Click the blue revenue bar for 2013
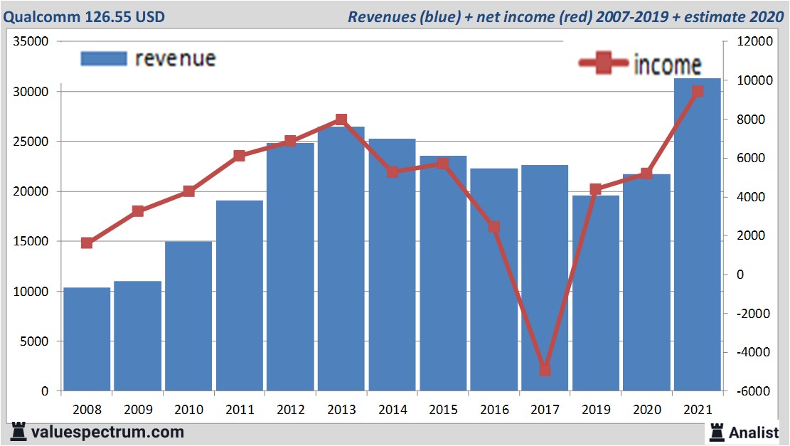[x=341, y=260]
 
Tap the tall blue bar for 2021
[x=698, y=235]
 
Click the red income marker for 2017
[x=545, y=370]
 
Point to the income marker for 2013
[x=341, y=120]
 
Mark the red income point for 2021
[x=698, y=91]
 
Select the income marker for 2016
[x=494, y=227]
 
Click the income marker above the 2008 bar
[x=87, y=243]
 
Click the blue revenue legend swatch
[x=104, y=58]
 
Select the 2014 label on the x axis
[x=392, y=410]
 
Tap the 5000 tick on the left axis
[x=34, y=341]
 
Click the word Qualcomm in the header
[x=36, y=16]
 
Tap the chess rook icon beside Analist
[x=716, y=431]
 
